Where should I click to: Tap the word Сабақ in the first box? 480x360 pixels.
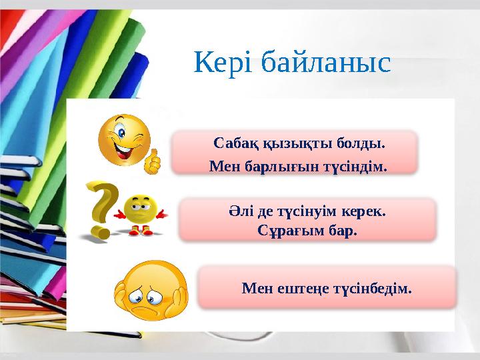[233, 143]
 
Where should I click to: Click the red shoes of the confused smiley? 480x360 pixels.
[139, 231]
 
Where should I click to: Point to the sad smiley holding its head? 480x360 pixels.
[149, 291]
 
